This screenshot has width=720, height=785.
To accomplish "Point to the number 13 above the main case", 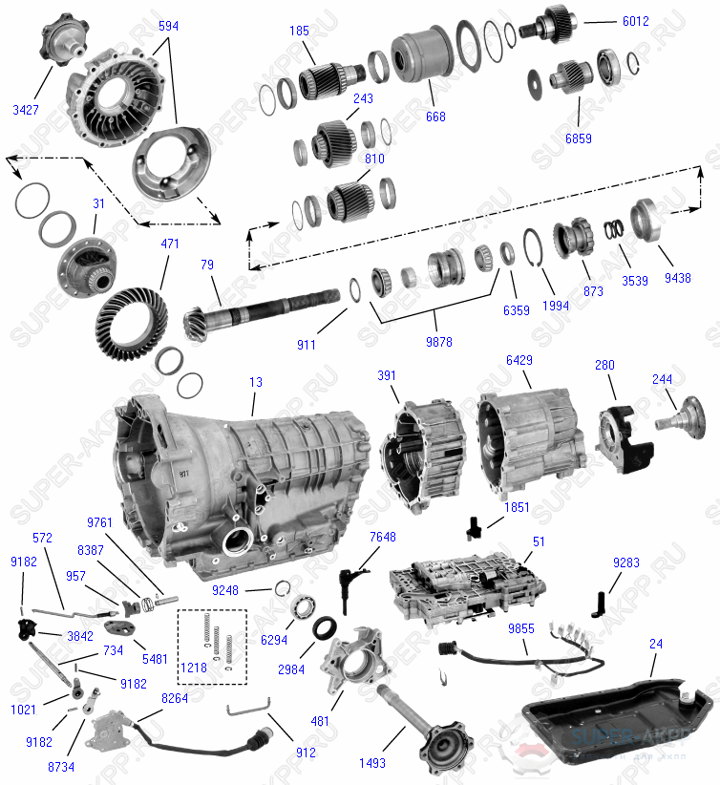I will pos(255,382).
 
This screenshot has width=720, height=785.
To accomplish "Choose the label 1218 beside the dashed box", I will pos(194,668).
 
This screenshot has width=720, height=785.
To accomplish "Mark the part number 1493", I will pos(372,763).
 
